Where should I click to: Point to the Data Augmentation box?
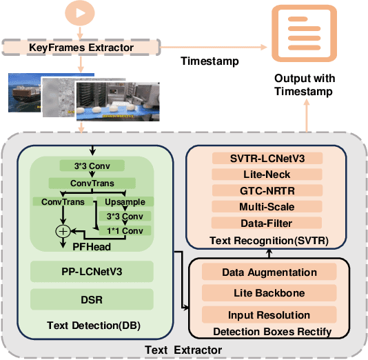click(x=269, y=272)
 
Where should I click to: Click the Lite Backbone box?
click(x=269, y=294)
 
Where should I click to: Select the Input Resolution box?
click(x=269, y=315)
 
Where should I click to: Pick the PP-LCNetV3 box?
click(x=91, y=270)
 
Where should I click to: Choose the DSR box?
click(x=91, y=299)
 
